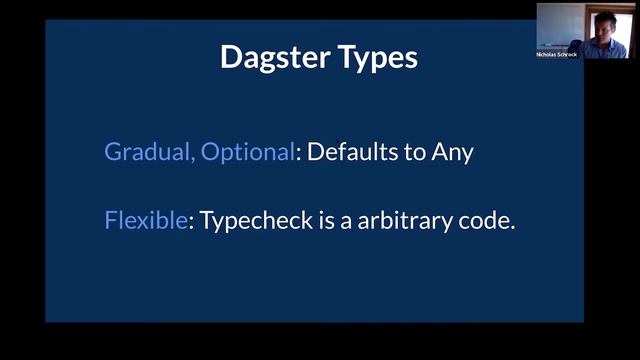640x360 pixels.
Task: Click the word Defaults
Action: pos(352,153)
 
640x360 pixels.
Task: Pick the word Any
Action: pos(450,154)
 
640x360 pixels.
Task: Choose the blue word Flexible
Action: pos(145,220)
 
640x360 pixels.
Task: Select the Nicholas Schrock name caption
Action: pos(557,54)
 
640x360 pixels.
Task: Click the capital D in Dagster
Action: pos(231,57)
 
